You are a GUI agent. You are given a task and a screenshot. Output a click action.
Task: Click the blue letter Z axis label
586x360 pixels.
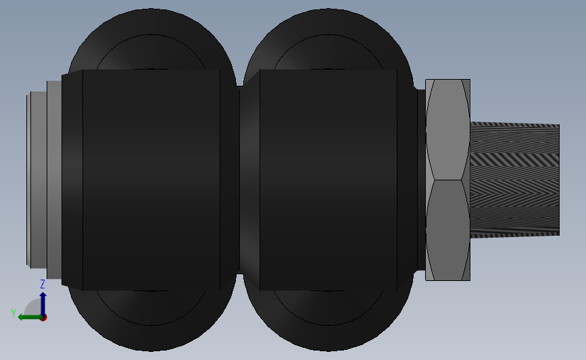pyautogui.click(x=43, y=284)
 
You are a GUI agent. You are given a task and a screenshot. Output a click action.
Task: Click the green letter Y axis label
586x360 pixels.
pyautogui.click(x=14, y=313)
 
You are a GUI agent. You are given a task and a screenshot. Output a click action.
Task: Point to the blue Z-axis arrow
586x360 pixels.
pyautogui.click(x=43, y=304)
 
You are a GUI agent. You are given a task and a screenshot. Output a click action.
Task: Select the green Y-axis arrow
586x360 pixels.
pyautogui.click(x=30, y=317)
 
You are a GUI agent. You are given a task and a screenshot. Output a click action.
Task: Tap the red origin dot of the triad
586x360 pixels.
pyautogui.click(x=43, y=317)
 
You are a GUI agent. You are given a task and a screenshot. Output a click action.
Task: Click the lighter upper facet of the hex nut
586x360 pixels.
pyautogui.click(x=447, y=130)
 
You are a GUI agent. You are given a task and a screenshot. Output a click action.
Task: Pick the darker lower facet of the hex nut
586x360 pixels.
pyautogui.click(x=447, y=230)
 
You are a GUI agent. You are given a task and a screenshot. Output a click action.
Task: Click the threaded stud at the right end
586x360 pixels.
pyautogui.click(x=514, y=180)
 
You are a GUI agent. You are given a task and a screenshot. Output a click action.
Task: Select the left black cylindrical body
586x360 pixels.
pyautogui.click(x=151, y=180)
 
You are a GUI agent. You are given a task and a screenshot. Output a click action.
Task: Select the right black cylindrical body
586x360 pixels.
pyautogui.click(x=328, y=180)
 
